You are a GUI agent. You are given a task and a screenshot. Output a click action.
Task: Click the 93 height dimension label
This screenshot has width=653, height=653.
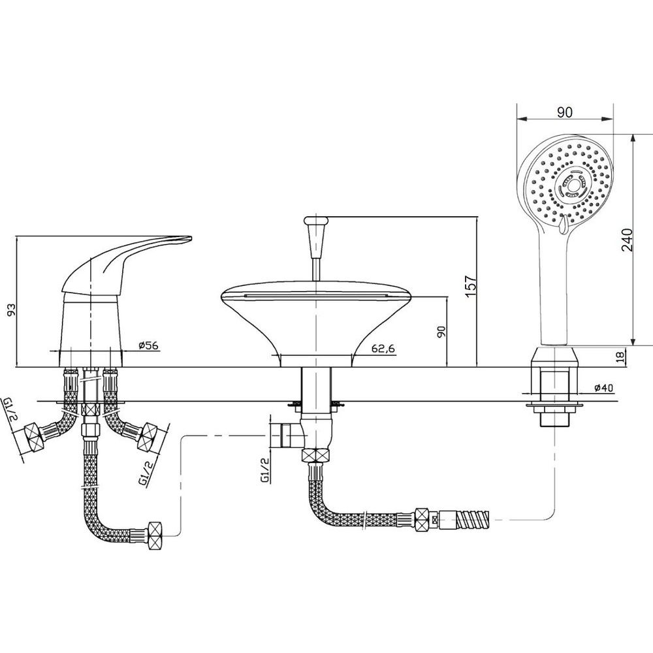12,309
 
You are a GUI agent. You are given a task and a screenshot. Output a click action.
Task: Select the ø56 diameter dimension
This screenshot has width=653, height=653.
149,345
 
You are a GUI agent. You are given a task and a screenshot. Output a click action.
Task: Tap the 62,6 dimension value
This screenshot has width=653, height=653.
383,349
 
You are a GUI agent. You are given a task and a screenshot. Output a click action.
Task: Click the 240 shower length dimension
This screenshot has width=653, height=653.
626,240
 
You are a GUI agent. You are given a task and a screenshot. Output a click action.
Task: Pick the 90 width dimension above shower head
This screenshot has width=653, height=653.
565,112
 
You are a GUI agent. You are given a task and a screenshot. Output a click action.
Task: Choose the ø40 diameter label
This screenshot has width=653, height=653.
603,388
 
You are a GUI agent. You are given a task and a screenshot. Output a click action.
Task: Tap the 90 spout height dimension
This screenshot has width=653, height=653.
441,332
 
